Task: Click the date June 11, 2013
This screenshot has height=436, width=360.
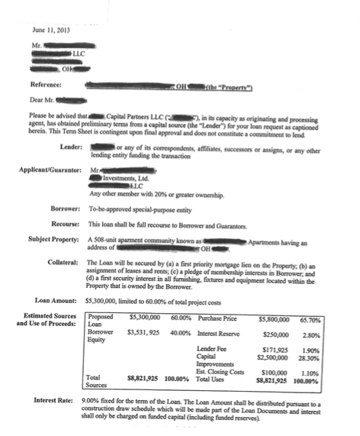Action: coord(51,29)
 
